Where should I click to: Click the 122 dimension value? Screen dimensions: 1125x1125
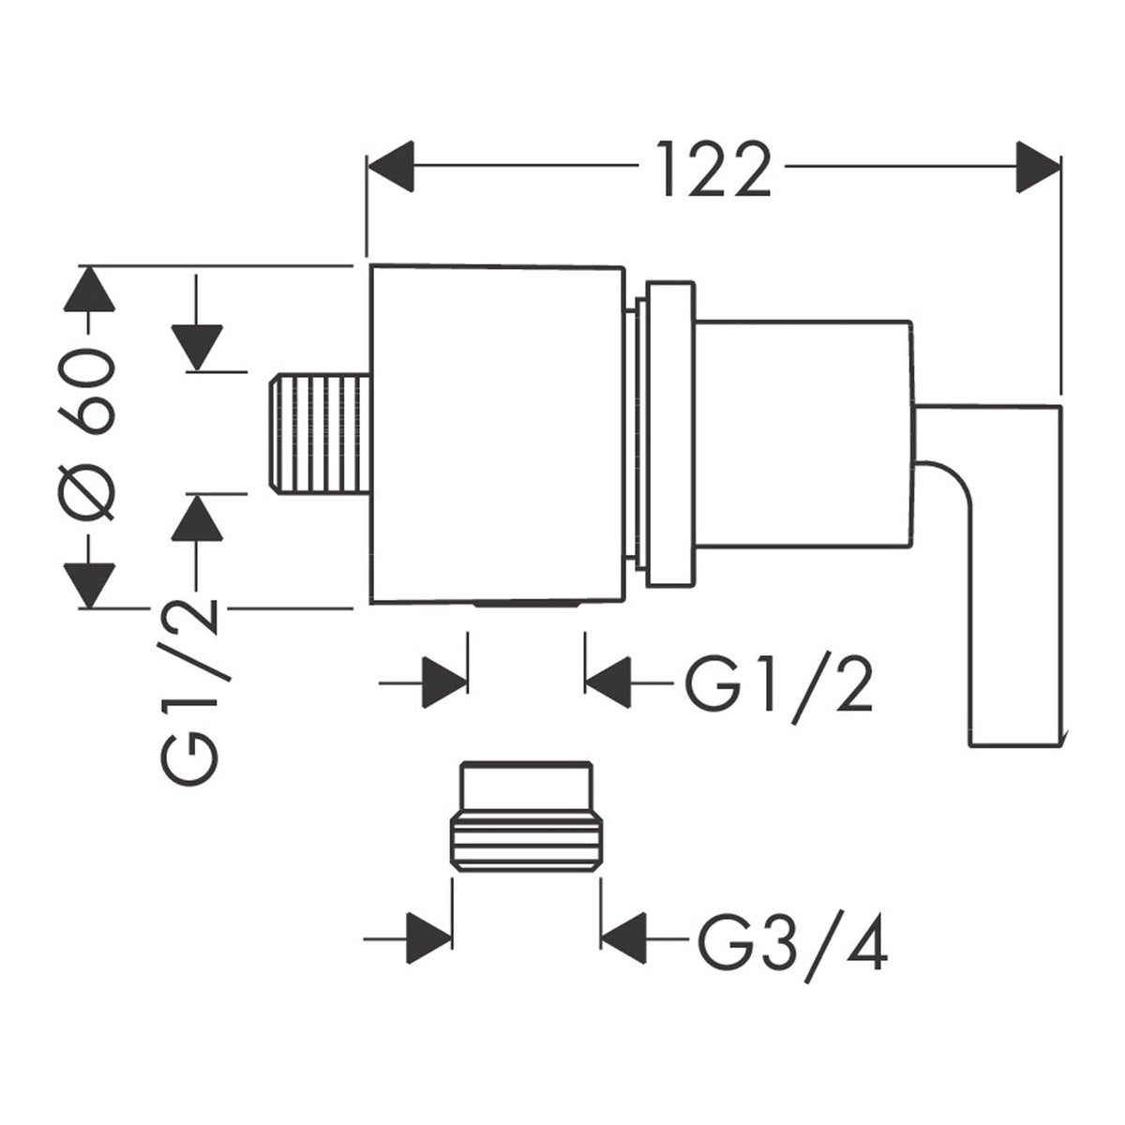click(x=713, y=170)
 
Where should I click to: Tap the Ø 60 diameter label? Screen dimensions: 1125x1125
click(x=89, y=434)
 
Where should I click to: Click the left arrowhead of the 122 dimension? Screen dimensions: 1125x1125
click(x=390, y=166)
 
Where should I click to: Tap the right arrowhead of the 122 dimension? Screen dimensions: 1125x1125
click(x=1038, y=166)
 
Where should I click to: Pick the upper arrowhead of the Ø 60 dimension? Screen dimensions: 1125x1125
click(x=89, y=288)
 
